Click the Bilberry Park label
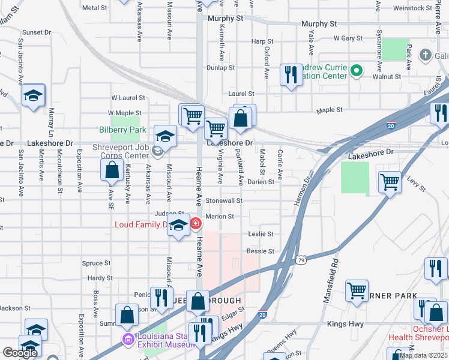[122, 130]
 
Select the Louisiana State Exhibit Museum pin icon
[128, 340]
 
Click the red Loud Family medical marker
[196, 224]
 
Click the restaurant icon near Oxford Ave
[291, 75]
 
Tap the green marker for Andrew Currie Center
[357, 71]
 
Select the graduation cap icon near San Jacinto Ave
[34, 95]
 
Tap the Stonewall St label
[223, 200]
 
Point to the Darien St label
[260, 181]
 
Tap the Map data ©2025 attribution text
[424, 355]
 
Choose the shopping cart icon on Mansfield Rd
[357, 290]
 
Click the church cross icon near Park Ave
[426, 56]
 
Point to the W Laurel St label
[128, 97]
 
